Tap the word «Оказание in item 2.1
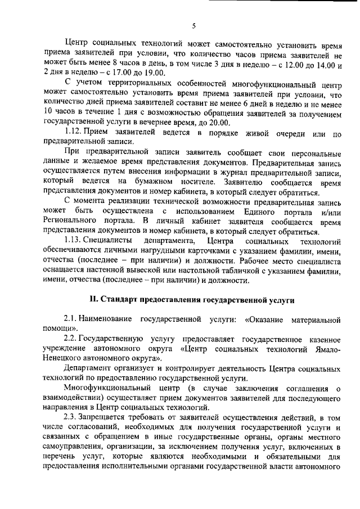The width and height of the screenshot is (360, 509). (265, 320)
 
